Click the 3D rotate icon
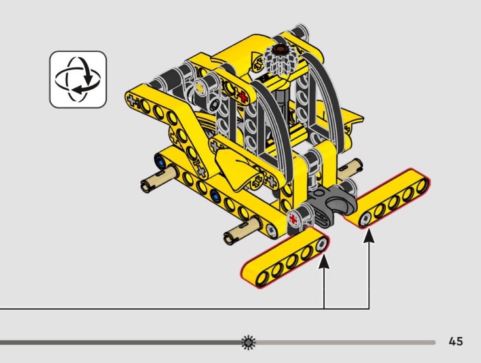pos(78,79)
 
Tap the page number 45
pos(455,341)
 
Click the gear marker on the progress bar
pos(248,342)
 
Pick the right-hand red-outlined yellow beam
pos(387,198)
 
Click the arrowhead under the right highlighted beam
pos(369,236)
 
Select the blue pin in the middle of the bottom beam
pos(215,195)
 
